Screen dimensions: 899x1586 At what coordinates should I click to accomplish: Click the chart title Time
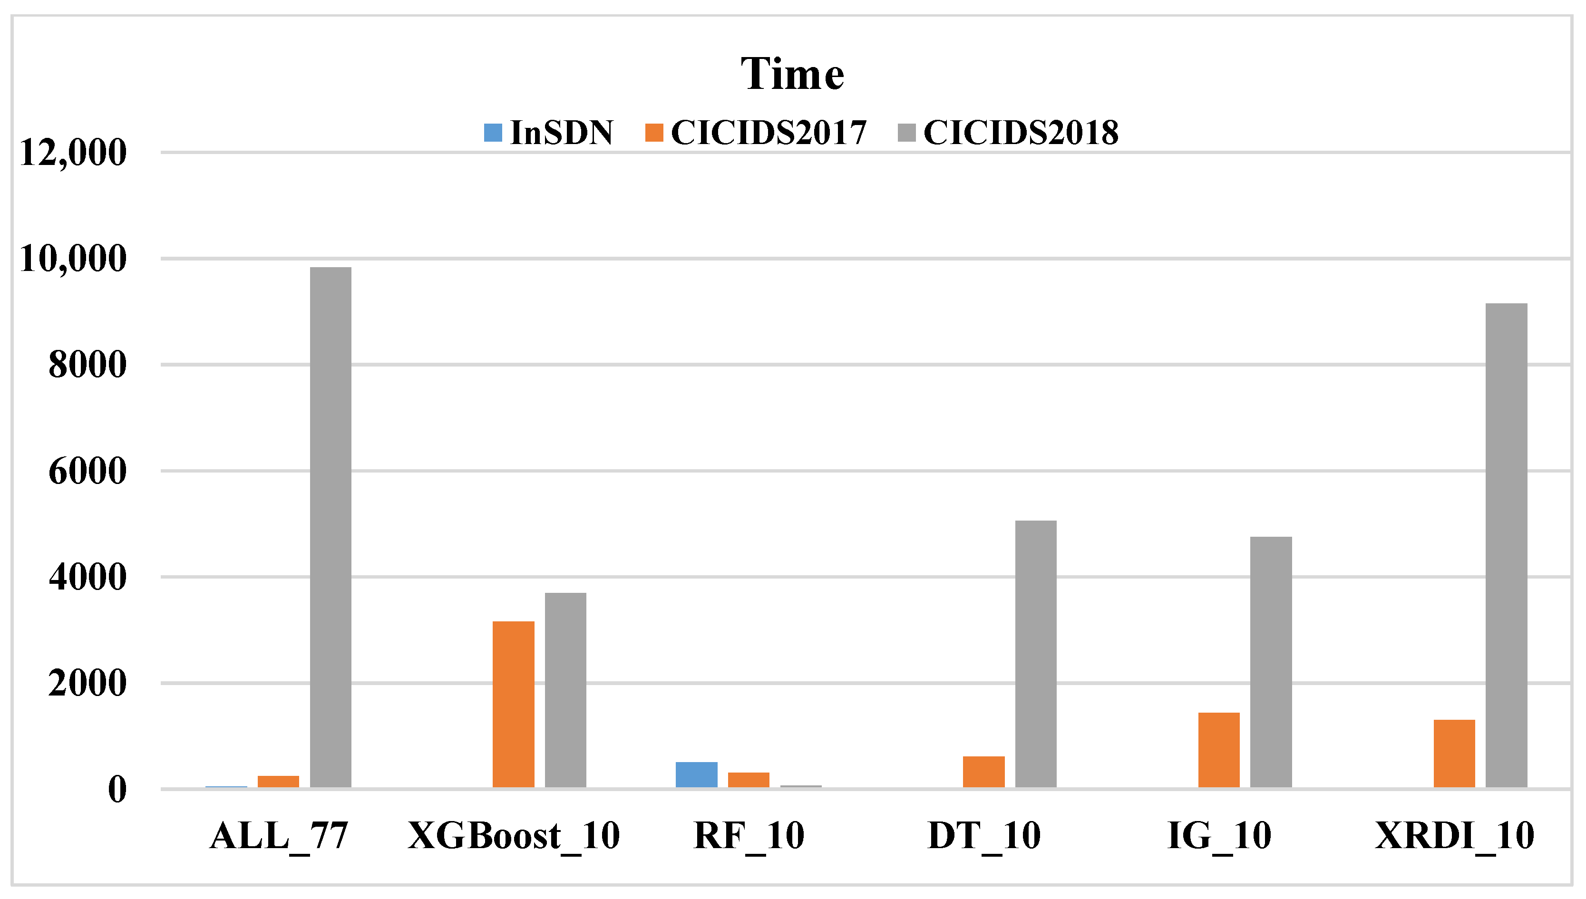point(792,74)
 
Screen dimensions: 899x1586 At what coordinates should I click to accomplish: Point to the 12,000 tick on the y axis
point(73,153)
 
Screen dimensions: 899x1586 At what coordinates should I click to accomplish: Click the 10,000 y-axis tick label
point(73,259)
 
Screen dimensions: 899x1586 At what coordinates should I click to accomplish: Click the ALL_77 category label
point(279,836)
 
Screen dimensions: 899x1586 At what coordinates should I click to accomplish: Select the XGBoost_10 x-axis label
point(514,836)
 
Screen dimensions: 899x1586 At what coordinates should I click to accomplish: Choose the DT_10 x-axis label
point(984,836)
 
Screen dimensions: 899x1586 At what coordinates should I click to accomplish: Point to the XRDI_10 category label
point(1454,836)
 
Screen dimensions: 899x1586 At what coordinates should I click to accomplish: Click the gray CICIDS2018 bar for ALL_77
point(331,527)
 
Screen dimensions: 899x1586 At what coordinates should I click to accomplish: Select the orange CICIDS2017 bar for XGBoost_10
point(513,704)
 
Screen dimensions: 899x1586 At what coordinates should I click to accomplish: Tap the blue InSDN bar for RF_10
point(696,775)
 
